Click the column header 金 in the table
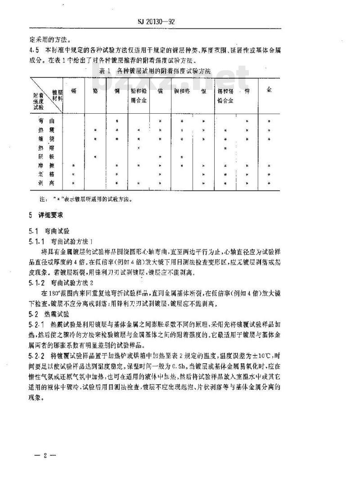269,90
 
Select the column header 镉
73,91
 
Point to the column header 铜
117,91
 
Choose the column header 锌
247,92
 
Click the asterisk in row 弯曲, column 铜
117,121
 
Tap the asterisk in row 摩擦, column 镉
73,165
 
